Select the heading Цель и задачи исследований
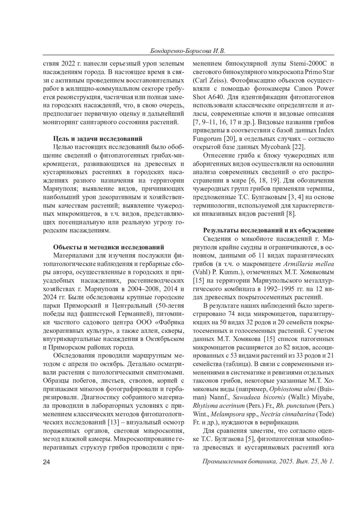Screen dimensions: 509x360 click(x=98, y=139)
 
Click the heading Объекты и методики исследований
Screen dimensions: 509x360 click(x=109, y=247)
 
